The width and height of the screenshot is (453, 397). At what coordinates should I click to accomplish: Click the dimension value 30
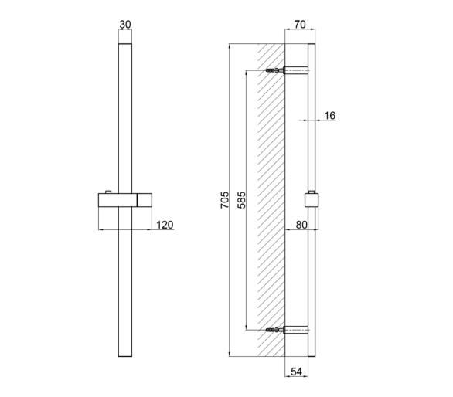click(125, 25)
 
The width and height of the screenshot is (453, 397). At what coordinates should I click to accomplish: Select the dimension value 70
click(300, 25)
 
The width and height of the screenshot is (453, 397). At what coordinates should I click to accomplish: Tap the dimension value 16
click(329, 116)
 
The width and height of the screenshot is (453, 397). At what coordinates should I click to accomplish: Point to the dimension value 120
click(165, 225)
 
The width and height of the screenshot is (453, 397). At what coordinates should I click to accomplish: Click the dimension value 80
click(301, 225)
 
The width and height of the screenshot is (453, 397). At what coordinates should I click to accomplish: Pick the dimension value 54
click(296, 372)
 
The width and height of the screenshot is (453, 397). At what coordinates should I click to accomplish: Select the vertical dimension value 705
click(224, 200)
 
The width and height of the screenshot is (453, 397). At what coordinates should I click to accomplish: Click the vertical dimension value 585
click(241, 200)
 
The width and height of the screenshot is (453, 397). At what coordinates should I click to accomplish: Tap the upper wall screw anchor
click(274, 70)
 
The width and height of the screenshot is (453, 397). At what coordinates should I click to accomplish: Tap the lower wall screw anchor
click(274, 330)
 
